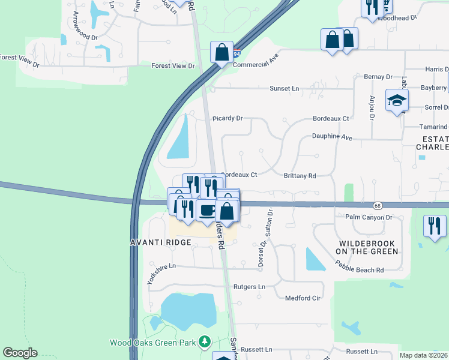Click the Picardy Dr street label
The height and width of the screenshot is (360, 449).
[227, 119]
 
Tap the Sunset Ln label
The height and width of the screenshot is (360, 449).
[284, 88]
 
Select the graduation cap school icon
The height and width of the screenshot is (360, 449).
[396, 100]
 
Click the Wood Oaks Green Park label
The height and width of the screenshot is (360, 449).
[152, 343]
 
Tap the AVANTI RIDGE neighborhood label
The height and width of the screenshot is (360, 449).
[161, 242]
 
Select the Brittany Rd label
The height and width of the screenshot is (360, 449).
[300, 176]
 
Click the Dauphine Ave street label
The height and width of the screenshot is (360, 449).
[331, 136]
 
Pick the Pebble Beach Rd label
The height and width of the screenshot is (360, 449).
[360, 270]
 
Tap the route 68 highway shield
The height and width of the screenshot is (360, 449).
[376, 205]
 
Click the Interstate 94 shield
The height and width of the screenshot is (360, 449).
[237, 53]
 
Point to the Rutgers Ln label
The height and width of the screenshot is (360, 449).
[249, 287]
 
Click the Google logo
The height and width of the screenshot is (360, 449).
[20, 353]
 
